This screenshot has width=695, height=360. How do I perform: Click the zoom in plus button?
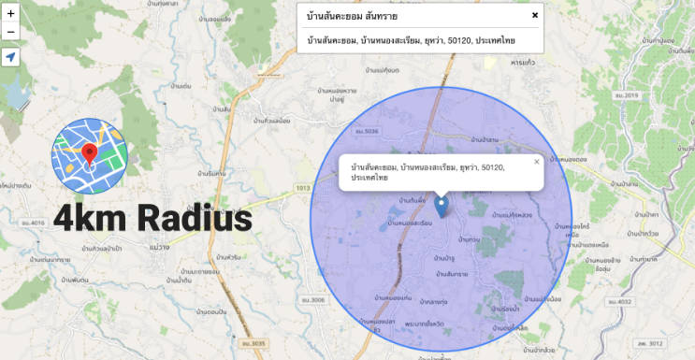[x=10, y=14]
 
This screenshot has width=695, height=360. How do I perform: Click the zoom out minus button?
[x=10, y=33]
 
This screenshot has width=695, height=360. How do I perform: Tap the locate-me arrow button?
[x=10, y=58]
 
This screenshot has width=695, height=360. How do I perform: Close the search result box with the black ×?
[x=535, y=15]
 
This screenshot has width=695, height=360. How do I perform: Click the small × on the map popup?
[x=537, y=161]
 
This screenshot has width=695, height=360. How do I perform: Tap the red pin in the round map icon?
[x=89, y=155]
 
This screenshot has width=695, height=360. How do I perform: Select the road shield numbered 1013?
[x=302, y=189]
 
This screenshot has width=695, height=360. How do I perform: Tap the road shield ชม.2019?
[x=627, y=96]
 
